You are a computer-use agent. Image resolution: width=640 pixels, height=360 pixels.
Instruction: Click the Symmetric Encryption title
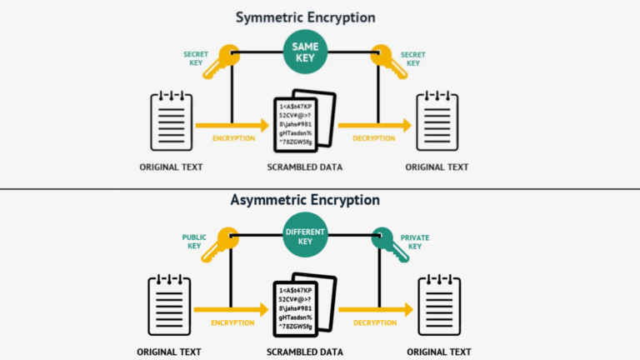pyautogui.click(x=305, y=17)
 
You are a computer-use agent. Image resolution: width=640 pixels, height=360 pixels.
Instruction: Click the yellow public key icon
pyautogui.click(x=226, y=242)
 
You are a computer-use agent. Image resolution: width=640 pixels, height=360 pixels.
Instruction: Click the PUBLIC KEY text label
pyautogui.click(x=194, y=242)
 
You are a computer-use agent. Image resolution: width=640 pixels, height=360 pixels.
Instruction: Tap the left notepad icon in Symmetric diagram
pyautogui.click(x=171, y=121)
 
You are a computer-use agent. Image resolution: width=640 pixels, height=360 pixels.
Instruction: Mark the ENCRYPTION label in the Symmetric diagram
pyautogui.click(x=232, y=138)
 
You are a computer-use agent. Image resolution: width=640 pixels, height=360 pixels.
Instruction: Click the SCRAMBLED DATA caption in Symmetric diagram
pyautogui.click(x=304, y=167)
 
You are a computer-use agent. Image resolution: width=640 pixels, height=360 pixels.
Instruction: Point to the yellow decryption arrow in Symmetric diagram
pyautogui.click(x=375, y=125)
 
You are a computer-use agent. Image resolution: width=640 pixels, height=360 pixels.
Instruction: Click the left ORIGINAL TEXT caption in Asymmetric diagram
pyautogui.click(x=171, y=351)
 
